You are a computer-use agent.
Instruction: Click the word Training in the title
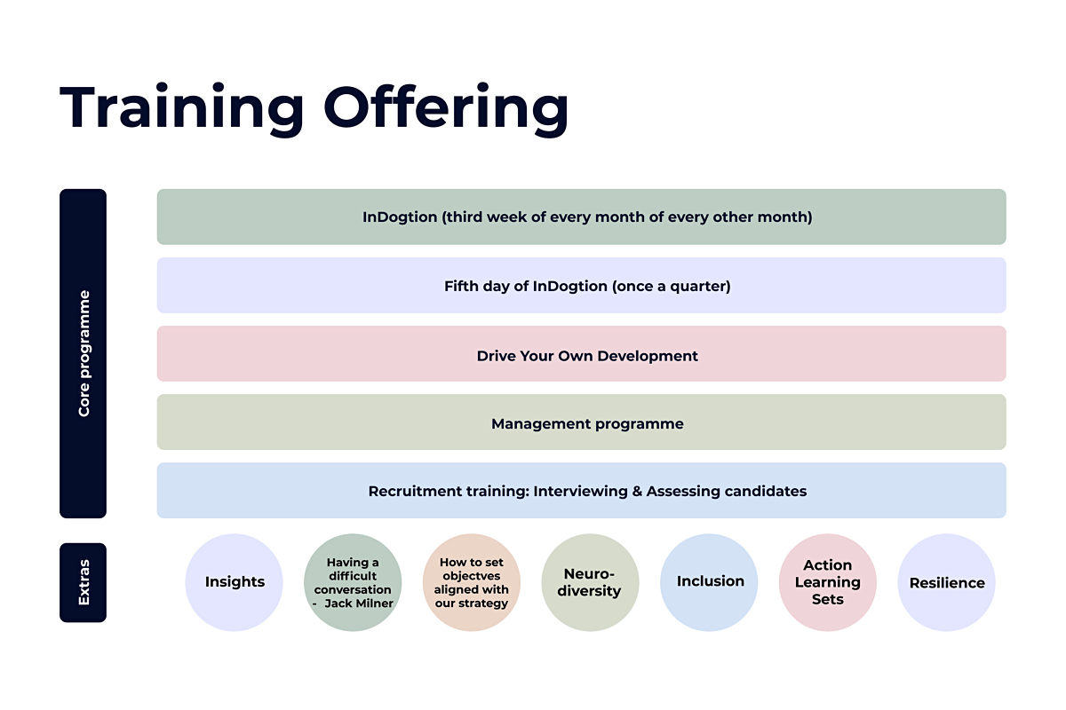pos(182,107)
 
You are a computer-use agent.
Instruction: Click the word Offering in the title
pos(446,107)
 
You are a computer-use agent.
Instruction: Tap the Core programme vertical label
pos(83,353)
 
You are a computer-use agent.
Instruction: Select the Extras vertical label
pos(83,582)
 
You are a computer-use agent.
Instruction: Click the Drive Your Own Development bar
pos(582,354)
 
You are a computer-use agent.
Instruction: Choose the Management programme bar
pos(582,422)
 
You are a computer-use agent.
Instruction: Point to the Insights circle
pos(235,582)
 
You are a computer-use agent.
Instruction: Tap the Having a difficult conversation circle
pos(353,582)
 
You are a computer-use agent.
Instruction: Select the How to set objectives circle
pos(472,582)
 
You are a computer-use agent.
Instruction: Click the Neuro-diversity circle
pos(590,582)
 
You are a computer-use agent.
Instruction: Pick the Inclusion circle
pos(709,582)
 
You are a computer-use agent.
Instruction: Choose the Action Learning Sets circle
pos(828,582)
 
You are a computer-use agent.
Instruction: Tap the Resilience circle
pos(947,582)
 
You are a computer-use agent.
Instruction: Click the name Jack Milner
pos(359,603)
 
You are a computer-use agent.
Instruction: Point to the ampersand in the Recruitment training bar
pos(637,492)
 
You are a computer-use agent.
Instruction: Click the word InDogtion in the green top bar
pos(400,217)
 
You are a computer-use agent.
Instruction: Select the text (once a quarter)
pos(671,287)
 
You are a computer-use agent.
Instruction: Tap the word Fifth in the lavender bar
pos(460,287)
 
